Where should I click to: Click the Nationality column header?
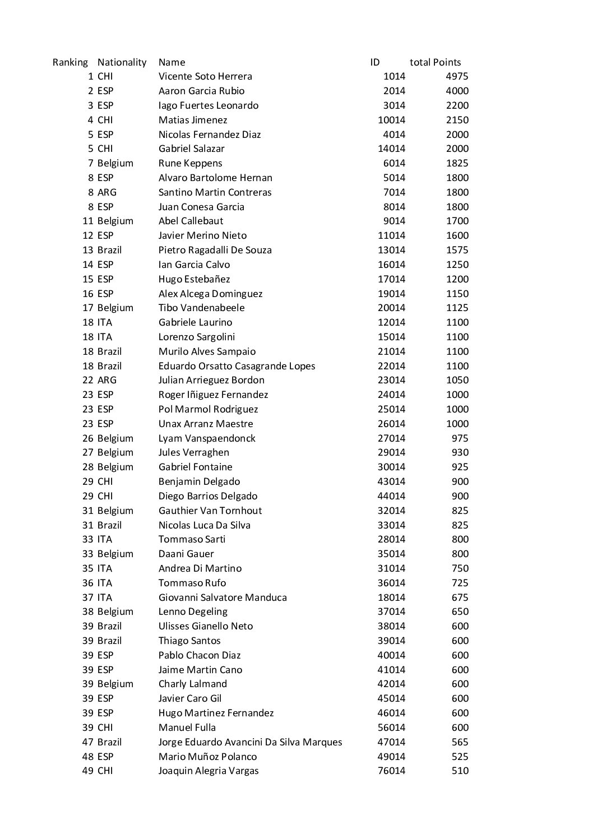(x=122, y=62)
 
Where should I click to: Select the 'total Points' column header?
(x=435, y=62)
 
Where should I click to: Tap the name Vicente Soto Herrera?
(x=205, y=76)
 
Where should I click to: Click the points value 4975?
(x=457, y=76)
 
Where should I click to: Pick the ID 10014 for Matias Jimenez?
(x=391, y=120)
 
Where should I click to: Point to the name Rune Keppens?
(x=190, y=163)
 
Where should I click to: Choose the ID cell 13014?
(x=391, y=250)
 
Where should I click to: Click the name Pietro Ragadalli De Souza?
(x=215, y=250)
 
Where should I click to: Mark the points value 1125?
(x=457, y=308)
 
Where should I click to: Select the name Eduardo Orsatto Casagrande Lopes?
(x=237, y=366)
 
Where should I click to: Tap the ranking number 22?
(x=88, y=380)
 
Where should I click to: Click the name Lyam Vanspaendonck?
(x=207, y=438)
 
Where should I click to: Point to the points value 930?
(x=460, y=452)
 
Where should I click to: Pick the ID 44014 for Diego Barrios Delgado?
(x=391, y=496)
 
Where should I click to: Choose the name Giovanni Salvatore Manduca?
(x=223, y=597)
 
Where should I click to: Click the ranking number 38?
(x=88, y=611)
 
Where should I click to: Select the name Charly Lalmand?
(x=193, y=684)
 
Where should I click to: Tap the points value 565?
(x=460, y=742)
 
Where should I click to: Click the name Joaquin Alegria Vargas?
(x=209, y=771)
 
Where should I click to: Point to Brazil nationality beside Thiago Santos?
(x=109, y=641)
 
